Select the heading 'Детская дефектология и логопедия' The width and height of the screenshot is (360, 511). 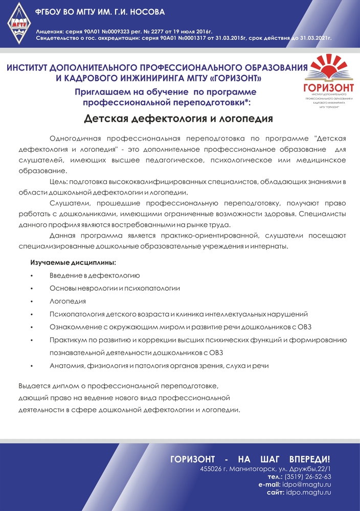pos(178,119)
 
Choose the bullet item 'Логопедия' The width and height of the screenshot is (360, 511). pos(67,301)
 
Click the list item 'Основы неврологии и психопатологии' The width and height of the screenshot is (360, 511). pos(115,288)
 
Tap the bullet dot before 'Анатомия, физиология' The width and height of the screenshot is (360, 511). pos(32,366)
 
